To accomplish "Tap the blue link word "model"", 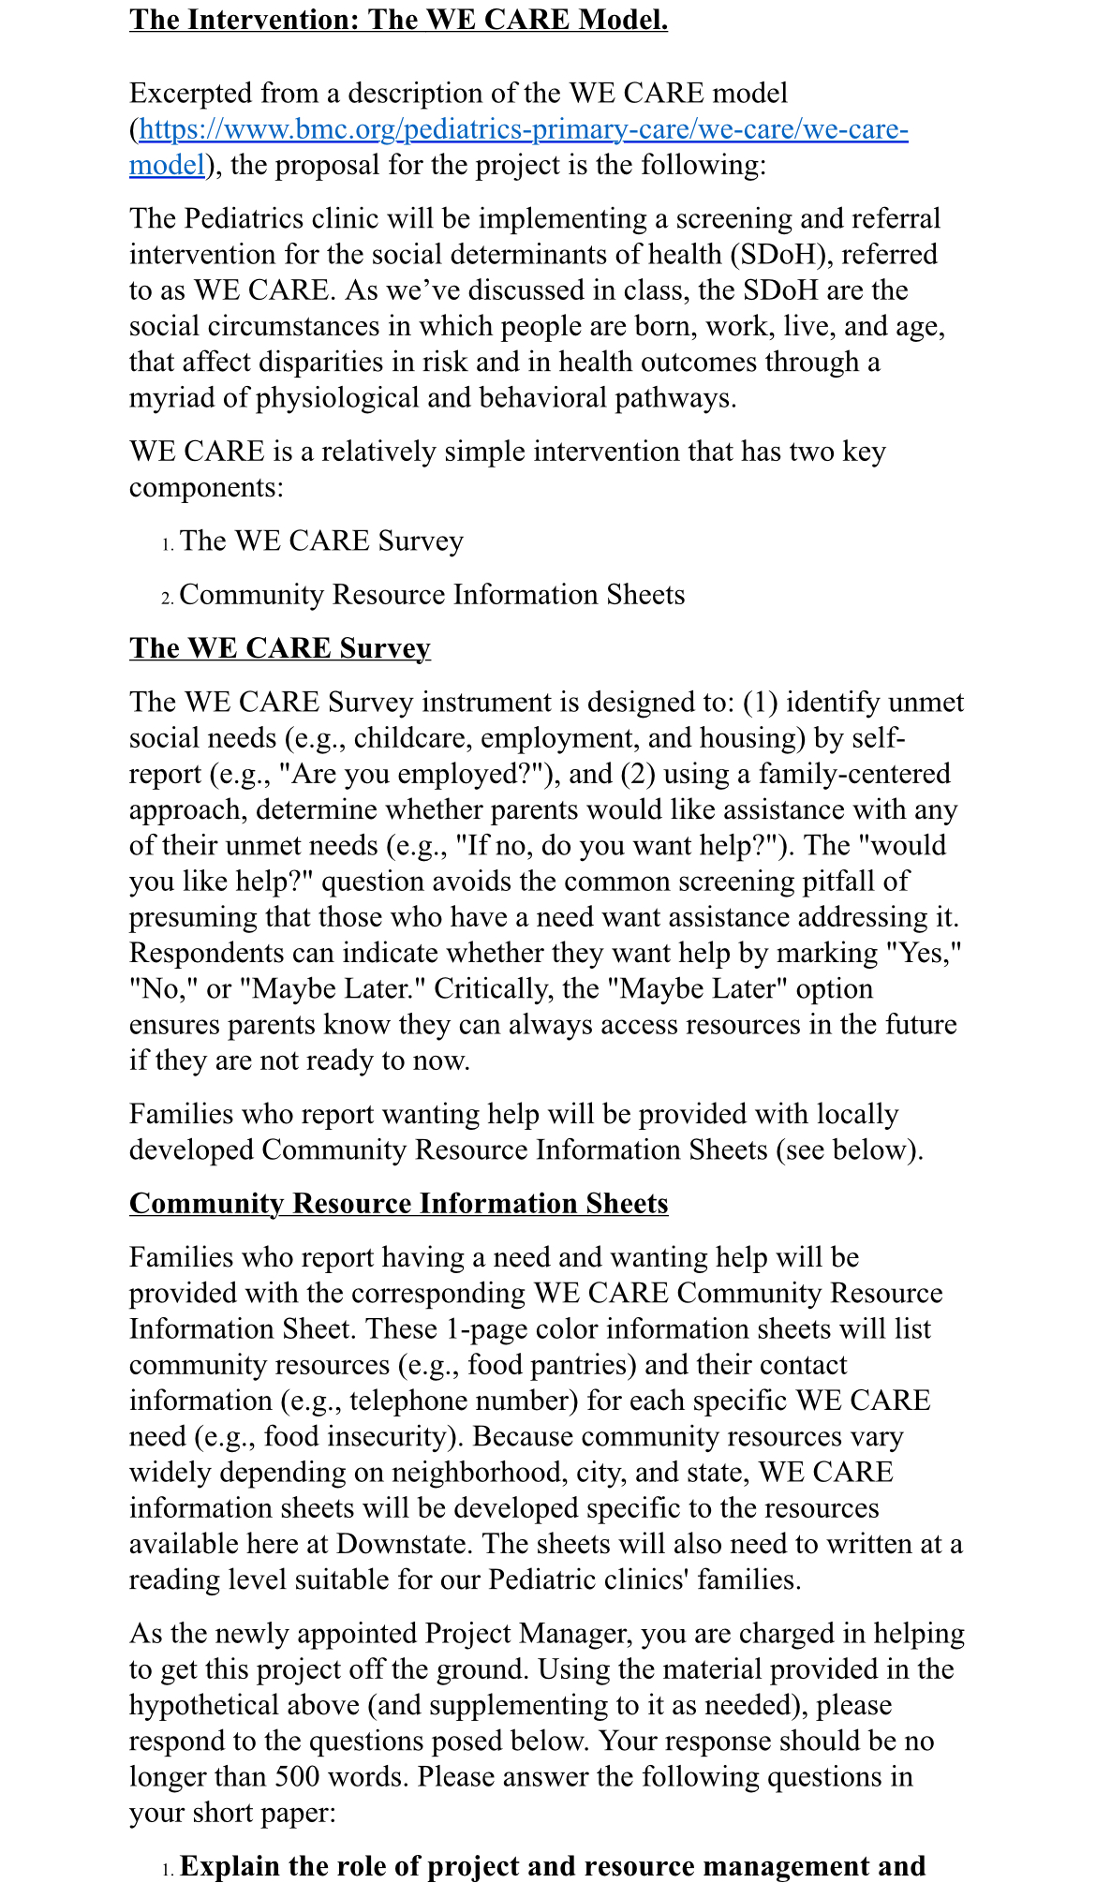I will pyautogui.click(x=167, y=165).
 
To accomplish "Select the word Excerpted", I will pyautogui.click(x=191, y=94).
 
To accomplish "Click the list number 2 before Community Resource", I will pyautogui.click(x=168, y=598).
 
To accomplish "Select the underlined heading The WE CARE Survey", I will pyautogui.click(x=280, y=648).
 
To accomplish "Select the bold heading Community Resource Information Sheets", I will pyautogui.click(x=399, y=1204).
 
